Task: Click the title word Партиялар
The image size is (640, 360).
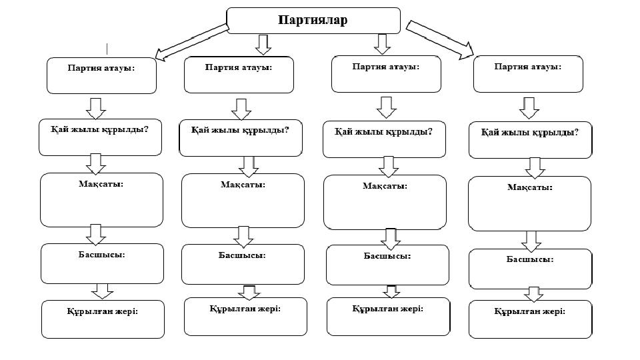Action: (x=313, y=20)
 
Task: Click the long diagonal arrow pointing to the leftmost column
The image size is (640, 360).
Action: (x=192, y=43)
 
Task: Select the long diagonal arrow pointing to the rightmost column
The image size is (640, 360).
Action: (x=439, y=39)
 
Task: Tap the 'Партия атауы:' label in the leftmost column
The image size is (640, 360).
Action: (x=101, y=68)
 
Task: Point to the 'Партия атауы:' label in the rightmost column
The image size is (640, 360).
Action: (x=528, y=66)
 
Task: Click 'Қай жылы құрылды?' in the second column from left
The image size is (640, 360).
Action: (x=240, y=130)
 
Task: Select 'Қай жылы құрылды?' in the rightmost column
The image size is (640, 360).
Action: (x=530, y=132)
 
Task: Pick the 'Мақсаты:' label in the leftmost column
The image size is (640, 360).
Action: (x=101, y=184)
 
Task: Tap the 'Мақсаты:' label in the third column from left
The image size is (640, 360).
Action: (x=385, y=186)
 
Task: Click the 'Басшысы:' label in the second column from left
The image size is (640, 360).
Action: (x=242, y=255)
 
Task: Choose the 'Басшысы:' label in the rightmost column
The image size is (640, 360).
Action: (x=530, y=259)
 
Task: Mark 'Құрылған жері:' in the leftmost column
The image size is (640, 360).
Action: (x=103, y=311)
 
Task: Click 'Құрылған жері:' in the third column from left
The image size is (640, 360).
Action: (x=388, y=309)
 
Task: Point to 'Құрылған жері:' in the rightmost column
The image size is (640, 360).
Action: (x=530, y=311)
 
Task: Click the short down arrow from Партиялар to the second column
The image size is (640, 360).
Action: (x=263, y=45)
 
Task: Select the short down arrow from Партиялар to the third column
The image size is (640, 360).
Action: (x=383, y=44)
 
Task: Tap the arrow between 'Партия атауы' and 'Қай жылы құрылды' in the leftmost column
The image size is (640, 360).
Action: (x=96, y=109)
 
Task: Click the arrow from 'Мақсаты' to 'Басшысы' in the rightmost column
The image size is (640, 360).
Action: (x=531, y=241)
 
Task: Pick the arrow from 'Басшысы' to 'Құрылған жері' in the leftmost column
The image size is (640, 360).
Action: (x=102, y=291)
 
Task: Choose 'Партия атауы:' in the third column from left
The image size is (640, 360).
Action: (x=386, y=67)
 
